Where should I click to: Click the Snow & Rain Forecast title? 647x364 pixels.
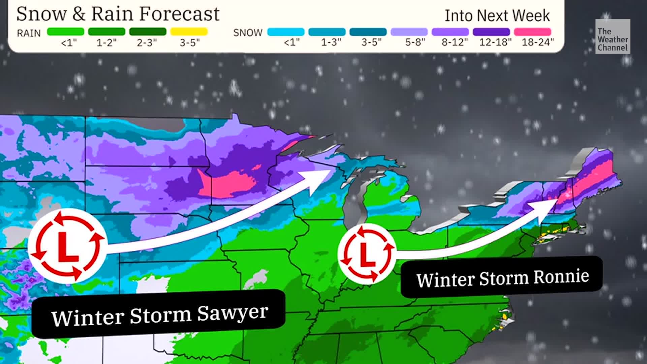118,14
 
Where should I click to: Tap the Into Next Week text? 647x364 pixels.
497,16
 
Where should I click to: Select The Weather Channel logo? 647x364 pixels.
612,36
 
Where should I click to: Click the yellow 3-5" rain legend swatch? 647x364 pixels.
189,32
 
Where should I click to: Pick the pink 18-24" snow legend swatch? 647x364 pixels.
532,32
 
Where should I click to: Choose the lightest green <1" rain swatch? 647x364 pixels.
66,32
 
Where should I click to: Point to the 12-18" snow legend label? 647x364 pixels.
495,42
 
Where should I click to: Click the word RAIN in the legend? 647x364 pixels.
29,33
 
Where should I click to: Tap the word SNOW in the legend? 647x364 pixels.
248,33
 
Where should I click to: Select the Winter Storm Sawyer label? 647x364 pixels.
159,314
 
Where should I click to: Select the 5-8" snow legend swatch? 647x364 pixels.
409,32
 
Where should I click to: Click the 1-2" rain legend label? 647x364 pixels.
106,43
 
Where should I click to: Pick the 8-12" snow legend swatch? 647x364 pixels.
450,32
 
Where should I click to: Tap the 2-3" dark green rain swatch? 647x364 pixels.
148,32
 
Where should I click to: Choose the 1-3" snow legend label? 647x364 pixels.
331,42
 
